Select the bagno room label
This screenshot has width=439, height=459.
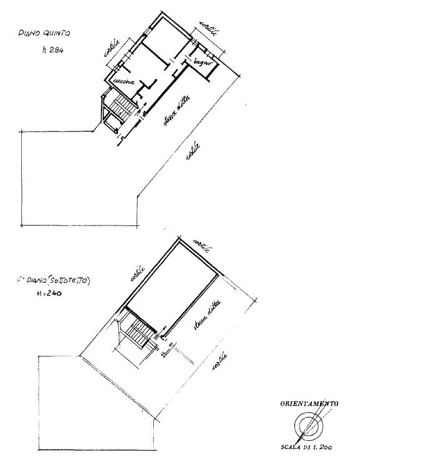202,62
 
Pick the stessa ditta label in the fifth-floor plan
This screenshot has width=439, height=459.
175,115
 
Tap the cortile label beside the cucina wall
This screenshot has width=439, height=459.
111,51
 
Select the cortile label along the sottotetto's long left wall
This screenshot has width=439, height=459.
138,273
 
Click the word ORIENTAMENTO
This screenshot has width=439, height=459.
308,404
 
